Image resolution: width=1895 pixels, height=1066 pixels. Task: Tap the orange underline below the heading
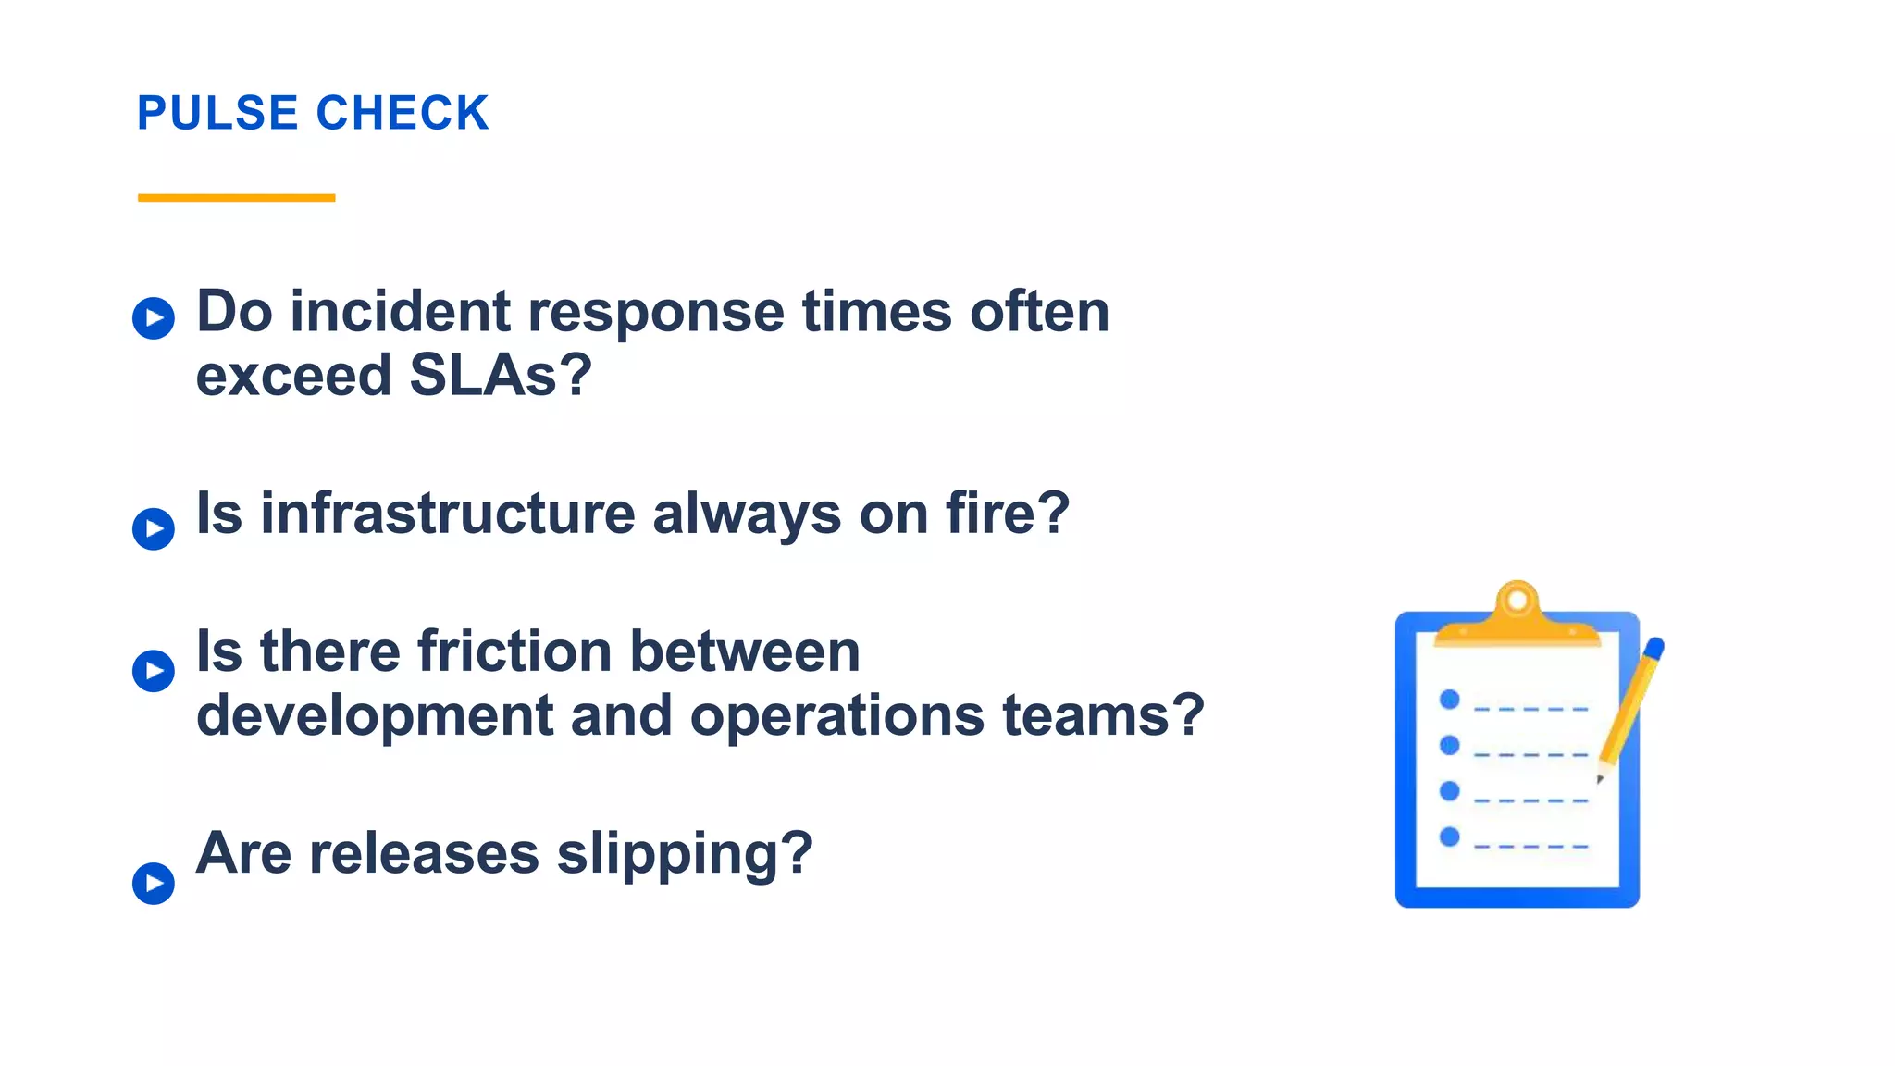[x=236, y=197]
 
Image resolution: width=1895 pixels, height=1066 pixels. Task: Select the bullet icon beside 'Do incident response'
[x=154, y=318]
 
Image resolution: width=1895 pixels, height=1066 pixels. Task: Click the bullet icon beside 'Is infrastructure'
[x=154, y=529]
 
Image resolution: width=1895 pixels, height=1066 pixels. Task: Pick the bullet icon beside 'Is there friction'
[x=154, y=671]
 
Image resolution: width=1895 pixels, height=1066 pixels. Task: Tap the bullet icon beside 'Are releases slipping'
[x=154, y=883]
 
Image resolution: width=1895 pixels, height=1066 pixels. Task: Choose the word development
[x=374, y=715]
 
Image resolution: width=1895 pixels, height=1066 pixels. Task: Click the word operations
[x=836, y=715]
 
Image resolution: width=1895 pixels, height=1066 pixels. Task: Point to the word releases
[x=423, y=852]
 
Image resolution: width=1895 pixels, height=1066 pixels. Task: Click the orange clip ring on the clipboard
[x=1517, y=601]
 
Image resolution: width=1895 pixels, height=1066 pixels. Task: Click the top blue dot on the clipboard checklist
[x=1450, y=700]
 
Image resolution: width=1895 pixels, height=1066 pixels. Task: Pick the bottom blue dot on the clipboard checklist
[x=1450, y=837]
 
